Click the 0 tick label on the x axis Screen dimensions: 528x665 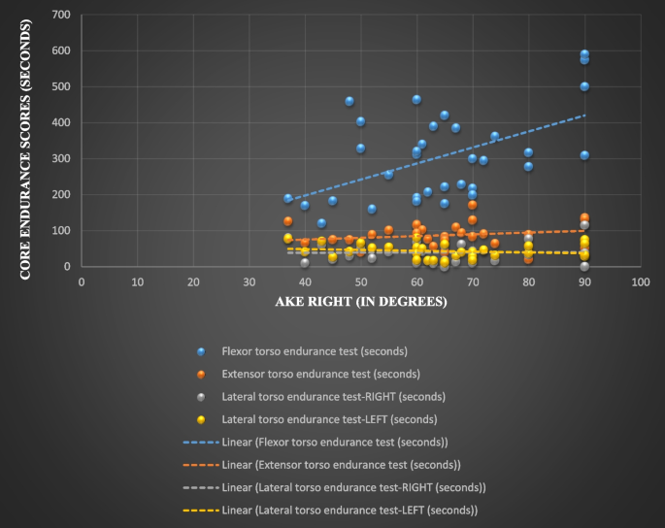coord(82,281)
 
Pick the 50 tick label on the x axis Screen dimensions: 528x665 coord(360,281)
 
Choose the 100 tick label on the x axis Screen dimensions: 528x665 coord(640,281)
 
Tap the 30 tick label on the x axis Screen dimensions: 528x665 coord(249,281)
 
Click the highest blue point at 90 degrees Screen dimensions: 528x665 coord(584,54)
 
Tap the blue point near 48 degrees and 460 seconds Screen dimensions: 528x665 coord(349,101)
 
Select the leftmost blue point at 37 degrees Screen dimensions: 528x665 coord(288,198)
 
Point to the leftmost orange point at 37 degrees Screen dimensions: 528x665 coord(288,221)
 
